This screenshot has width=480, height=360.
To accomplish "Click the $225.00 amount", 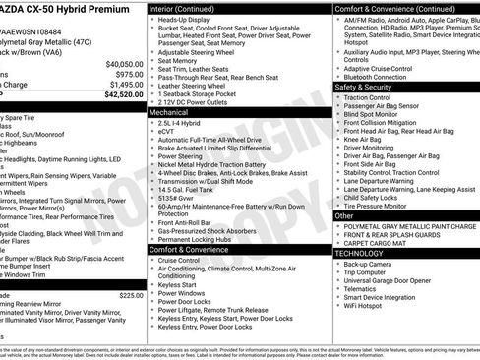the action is pyautogui.click(x=131, y=295).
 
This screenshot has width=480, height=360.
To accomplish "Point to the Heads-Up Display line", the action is pyautogui.click(x=188, y=19).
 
